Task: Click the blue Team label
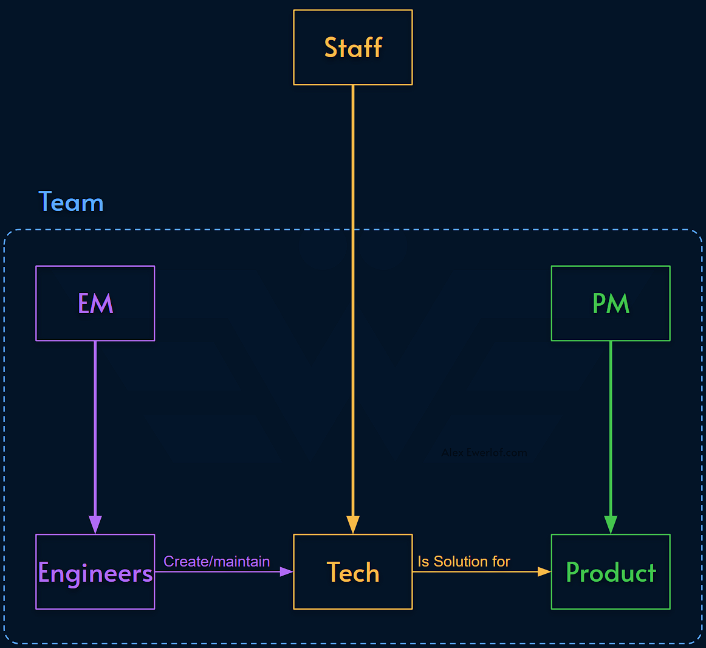(71, 202)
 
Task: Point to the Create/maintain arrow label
(216, 561)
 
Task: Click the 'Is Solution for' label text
(464, 561)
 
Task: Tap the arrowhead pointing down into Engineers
(95, 524)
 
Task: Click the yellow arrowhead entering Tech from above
(352, 524)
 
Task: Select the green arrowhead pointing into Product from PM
(610, 524)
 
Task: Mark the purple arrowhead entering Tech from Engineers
(286, 571)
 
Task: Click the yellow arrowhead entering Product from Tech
(543, 571)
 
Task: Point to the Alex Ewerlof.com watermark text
(484, 452)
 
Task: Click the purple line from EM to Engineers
(95, 426)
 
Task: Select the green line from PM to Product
(610, 426)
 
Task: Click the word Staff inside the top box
(352, 47)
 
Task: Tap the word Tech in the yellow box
(352, 573)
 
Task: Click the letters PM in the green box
(610, 303)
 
